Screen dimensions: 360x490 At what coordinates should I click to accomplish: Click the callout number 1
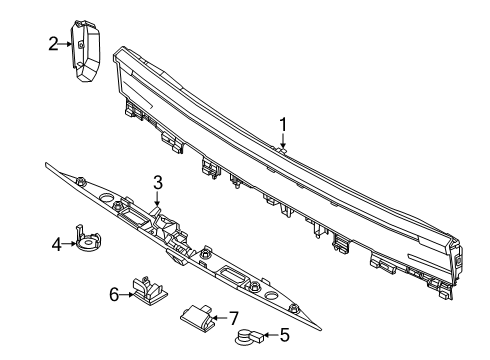coord(283,125)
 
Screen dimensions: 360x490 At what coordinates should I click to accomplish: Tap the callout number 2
coord(53,42)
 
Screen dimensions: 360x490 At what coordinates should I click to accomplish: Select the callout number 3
coord(157,182)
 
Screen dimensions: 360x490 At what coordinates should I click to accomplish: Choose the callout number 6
coord(114,294)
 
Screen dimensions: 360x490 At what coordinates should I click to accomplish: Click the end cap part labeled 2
coord(88,45)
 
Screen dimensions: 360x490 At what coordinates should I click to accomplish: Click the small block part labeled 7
coord(198,318)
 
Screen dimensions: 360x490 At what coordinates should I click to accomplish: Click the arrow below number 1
coord(283,142)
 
